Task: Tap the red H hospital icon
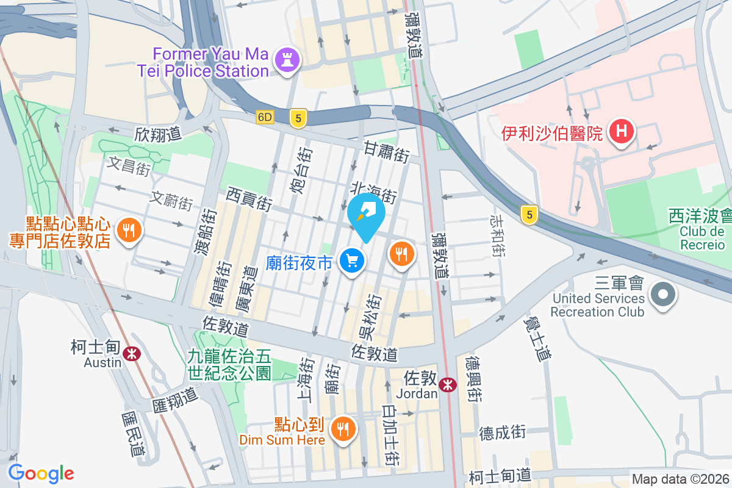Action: [621, 132]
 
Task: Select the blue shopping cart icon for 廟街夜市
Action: [351, 262]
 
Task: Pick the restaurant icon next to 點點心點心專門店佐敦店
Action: [128, 231]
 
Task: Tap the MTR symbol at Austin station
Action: [131, 353]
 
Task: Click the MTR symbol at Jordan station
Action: [448, 384]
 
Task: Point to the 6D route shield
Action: [265, 117]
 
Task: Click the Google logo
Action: [41, 473]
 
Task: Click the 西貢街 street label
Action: [249, 199]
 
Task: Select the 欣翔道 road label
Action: [159, 134]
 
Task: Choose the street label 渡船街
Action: [209, 231]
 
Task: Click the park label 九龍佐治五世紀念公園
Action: [229, 364]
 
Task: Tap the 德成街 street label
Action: [502, 432]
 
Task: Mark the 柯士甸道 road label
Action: [500, 476]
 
